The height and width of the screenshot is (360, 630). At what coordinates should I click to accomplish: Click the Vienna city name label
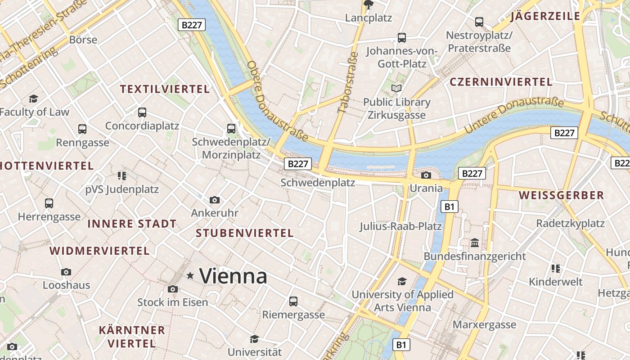coord(233,276)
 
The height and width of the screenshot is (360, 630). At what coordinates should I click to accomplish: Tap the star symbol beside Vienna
coord(190,275)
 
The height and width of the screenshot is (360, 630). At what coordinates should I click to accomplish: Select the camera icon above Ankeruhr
coord(215,200)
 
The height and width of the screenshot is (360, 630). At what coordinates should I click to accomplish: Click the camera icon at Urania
coord(426,175)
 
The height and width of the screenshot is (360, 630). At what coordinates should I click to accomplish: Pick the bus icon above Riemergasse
coord(293,301)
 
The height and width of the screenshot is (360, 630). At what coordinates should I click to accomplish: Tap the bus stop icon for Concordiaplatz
coord(142,112)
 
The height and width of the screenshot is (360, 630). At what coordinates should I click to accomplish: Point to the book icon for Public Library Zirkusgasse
coord(396,88)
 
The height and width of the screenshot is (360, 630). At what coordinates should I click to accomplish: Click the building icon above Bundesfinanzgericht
coord(474,243)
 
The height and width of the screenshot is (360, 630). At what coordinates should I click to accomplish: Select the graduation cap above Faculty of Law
coord(33,99)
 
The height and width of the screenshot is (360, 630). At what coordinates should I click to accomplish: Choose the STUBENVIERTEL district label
coord(245,233)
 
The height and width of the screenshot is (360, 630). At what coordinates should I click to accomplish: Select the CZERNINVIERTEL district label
coord(501,82)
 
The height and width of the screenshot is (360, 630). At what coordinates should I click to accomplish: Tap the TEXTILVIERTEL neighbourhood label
coord(165,89)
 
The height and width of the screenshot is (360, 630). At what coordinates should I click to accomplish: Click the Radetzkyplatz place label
coord(570,223)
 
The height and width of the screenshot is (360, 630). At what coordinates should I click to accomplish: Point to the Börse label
coord(83,40)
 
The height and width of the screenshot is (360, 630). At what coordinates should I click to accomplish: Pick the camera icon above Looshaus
coord(66,272)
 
